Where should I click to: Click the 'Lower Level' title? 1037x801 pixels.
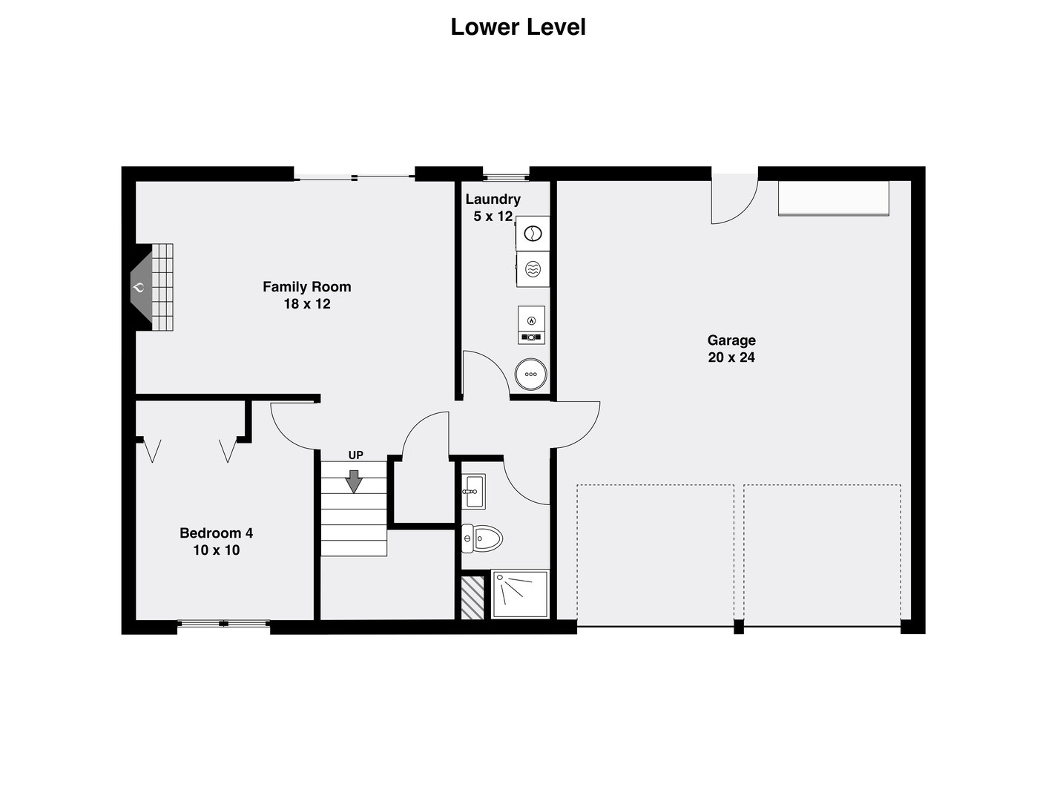click(x=518, y=27)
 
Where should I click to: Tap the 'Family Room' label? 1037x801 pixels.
click(x=307, y=287)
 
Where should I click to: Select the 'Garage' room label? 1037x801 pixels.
click(x=731, y=340)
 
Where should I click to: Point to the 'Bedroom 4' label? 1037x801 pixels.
click(x=216, y=533)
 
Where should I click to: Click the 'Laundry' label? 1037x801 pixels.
click(x=493, y=199)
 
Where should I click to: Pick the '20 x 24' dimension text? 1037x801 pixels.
click(x=731, y=357)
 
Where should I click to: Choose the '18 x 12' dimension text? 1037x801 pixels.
click(x=307, y=304)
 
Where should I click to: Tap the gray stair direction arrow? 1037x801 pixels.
click(x=354, y=481)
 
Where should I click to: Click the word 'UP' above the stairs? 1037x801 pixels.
click(x=355, y=455)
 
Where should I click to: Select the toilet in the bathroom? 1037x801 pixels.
click(x=482, y=538)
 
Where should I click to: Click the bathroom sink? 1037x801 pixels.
click(x=473, y=492)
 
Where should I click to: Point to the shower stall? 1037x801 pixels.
click(x=520, y=593)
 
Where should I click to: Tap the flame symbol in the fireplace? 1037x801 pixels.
click(x=139, y=288)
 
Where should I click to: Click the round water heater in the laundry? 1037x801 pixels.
click(x=530, y=374)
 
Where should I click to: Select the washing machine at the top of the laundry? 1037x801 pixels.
click(x=533, y=234)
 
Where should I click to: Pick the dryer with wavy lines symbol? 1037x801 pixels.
click(x=533, y=269)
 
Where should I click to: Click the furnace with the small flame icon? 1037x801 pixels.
click(x=531, y=325)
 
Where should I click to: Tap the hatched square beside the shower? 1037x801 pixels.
click(x=473, y=598)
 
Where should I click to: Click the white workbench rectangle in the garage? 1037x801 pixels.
click(x=833, y=199)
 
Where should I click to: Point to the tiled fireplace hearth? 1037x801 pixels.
click(x=162, y=287)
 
